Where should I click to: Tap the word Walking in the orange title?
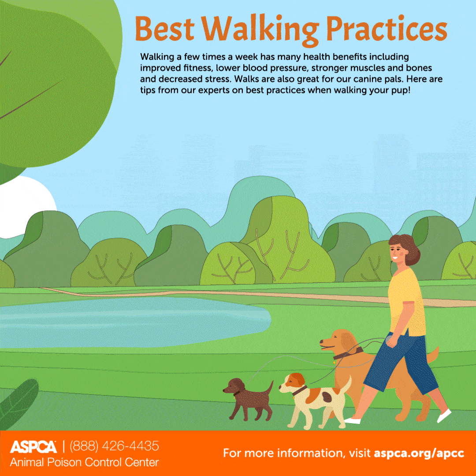coord(260,30)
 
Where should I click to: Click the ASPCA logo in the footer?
coord(33,447)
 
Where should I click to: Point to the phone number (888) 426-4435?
coord(115,446)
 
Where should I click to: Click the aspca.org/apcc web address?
coord(419,453)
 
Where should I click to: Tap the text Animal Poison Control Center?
coord(84,462)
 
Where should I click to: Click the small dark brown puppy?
coord(248,399)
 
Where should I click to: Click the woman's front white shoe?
coord(352,421)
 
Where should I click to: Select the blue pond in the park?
coord(134,322)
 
